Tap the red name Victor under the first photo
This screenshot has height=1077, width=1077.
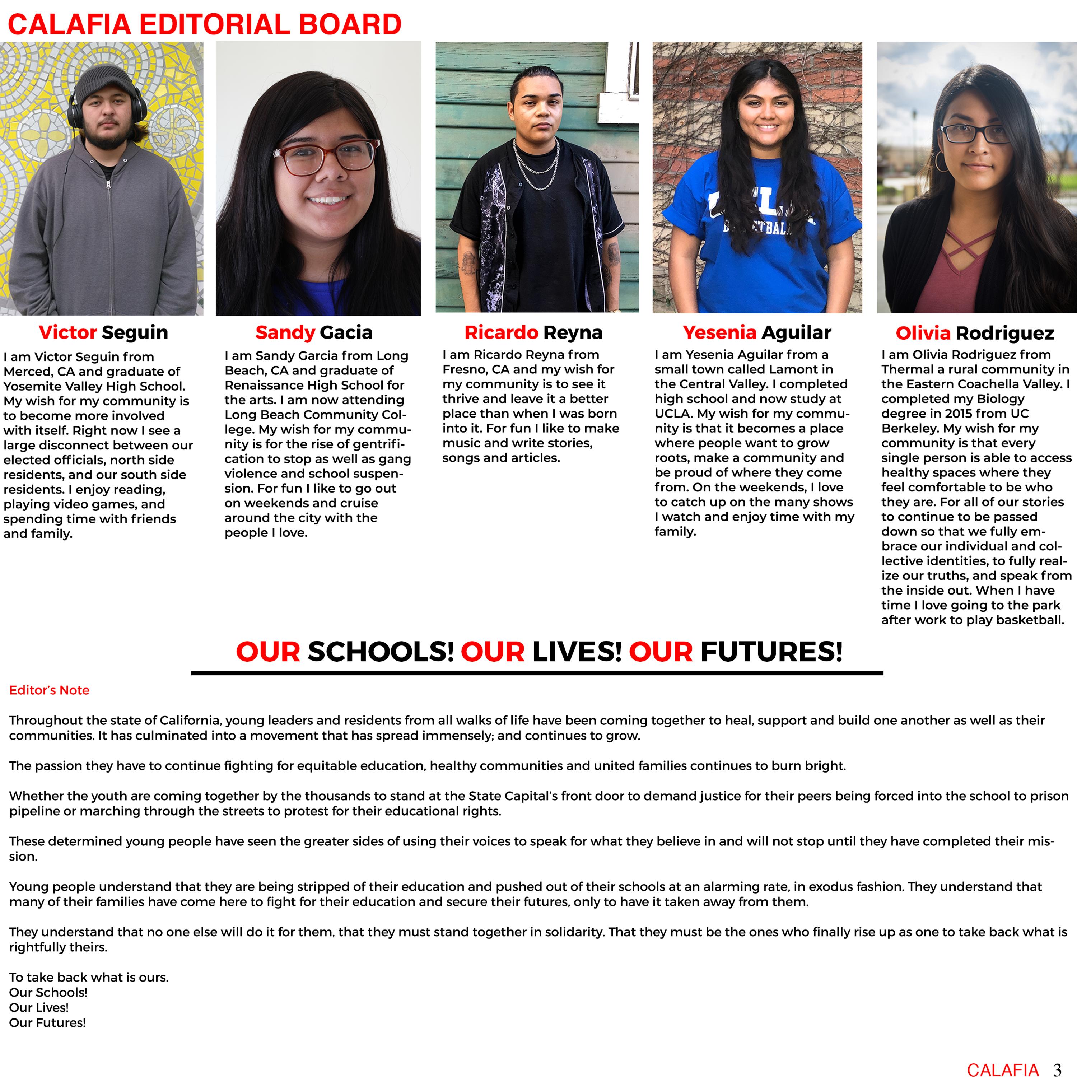[68, 332]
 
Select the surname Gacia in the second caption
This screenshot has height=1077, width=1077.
[346, 332]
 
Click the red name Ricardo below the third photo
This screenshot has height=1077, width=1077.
[501, 332]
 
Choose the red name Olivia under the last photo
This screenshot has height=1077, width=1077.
[923, 333]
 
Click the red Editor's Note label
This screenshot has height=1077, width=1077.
[49, 690]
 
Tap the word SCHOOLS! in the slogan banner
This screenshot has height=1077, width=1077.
[381, 651]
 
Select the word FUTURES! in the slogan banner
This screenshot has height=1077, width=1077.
[771, 651]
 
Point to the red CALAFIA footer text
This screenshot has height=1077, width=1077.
[1003, 1069]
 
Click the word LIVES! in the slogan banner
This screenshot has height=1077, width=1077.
[577, 651]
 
